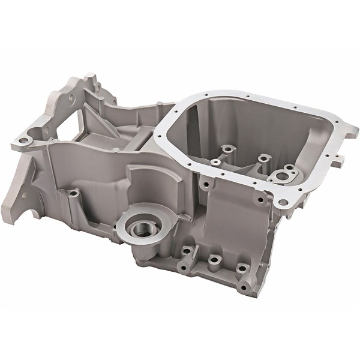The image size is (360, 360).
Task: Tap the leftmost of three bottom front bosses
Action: (187, 250)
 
